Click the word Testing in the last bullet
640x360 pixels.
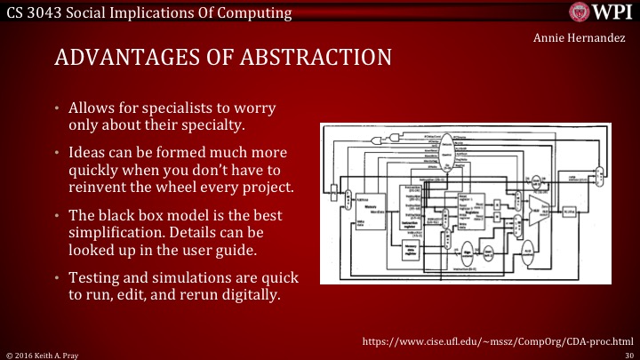pos(94,280)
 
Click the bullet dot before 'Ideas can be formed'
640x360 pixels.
pos(58,154)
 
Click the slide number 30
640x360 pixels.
pos(628,354)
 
